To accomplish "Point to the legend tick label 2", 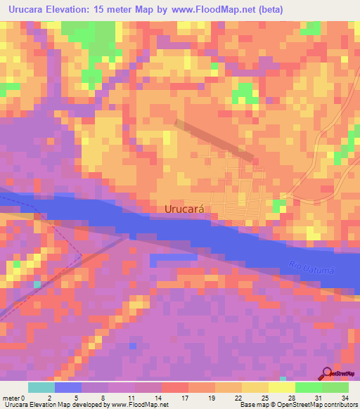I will coord(49,397).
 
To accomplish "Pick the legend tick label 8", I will coord(102,397).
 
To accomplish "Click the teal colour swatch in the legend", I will coord(41,387).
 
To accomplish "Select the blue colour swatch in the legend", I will coord(68,387).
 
